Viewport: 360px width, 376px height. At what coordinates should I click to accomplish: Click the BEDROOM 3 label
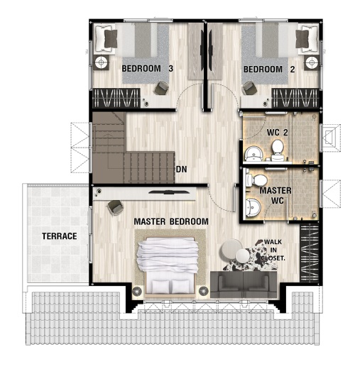(148, 69)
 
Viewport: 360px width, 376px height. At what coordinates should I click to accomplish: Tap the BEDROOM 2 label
(269, 70)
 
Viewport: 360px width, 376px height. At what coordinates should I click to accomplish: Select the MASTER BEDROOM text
(171, 221)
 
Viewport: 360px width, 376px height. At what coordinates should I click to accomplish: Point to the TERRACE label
(60, 236)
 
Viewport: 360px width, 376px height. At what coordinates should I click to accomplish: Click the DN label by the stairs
(182, 170)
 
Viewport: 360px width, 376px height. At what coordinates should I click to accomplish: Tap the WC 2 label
(277, 133)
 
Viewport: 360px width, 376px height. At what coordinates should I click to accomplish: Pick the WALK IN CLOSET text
(273, 250)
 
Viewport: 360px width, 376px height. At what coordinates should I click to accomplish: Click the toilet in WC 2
(277, 150)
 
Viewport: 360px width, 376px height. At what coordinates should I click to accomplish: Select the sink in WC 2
(251, 154)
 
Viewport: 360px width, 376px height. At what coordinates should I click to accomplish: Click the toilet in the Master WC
(256, 180)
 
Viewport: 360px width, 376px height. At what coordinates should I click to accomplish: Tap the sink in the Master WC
(253, 207)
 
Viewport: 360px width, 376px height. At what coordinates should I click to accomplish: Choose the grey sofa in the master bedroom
(244, 284)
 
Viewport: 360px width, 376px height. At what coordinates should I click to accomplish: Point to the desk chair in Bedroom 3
(161, 88)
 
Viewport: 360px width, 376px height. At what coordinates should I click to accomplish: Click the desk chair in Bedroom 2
(250, 88)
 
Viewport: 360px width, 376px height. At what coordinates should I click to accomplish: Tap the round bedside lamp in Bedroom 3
(101, 62)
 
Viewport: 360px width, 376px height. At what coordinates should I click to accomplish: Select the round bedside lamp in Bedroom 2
(312, 62)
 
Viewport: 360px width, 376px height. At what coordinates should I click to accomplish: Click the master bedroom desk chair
(115, 207)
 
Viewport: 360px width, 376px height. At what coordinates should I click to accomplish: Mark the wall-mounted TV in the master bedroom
(168, 192)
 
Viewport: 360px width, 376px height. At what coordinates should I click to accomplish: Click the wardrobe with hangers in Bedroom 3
(116, 98)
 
